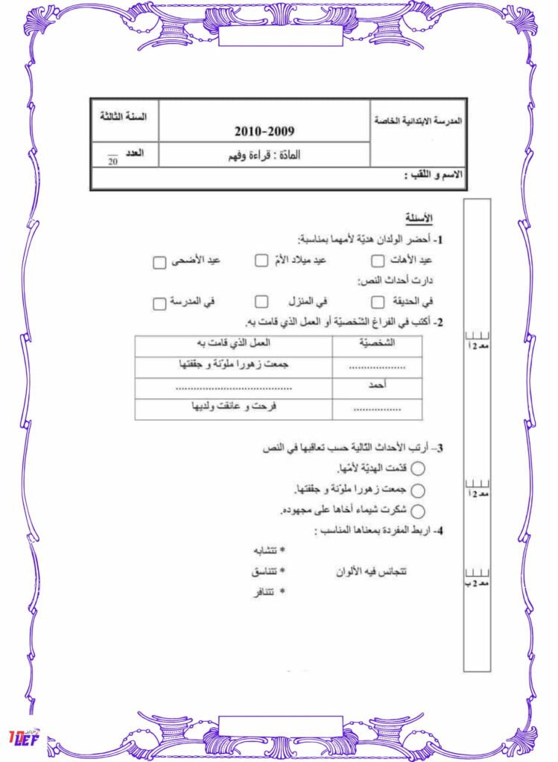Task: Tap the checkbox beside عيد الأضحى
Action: (x=159, y=263)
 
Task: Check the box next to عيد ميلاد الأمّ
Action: (x=261, y=260)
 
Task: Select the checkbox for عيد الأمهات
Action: (x=378, y=260)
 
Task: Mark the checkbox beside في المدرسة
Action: (x=159, y=304)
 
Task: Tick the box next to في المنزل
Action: (x=261, y=301)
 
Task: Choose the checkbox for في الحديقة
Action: (x=378, y=301)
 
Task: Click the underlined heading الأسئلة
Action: (x=419, y=218)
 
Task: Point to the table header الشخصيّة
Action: (x=377, y=344)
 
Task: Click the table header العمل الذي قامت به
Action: (x=233, y=344)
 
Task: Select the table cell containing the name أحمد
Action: (x=377, y=386)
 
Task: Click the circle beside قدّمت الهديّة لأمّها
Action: (x=418, y=469)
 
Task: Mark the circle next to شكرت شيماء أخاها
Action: (x=418, y=511)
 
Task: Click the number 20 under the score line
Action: (x=112, y=161)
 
